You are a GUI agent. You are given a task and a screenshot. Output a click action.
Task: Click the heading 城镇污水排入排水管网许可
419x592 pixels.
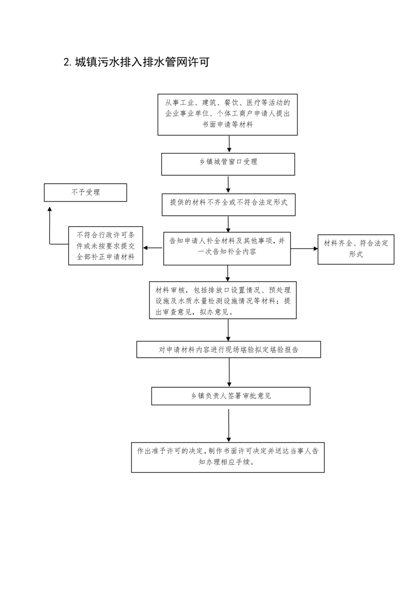142,62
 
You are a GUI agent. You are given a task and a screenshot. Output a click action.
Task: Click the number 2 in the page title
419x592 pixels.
67,62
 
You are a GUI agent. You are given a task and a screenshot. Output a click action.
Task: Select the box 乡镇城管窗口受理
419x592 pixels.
228,164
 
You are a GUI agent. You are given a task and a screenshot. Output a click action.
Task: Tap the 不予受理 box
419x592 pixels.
86,193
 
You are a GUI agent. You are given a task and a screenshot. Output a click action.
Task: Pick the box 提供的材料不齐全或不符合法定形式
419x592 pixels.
228,205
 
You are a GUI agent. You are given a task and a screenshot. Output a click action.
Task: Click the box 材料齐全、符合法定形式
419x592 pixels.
356,249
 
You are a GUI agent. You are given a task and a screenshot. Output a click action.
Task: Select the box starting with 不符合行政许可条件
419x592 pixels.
106,246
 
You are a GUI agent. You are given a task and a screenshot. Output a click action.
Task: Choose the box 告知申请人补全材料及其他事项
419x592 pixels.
227,249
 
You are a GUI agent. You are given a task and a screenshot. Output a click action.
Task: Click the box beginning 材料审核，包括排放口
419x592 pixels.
223,300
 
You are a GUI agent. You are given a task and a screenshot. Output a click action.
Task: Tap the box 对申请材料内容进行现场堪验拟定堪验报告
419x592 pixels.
228,350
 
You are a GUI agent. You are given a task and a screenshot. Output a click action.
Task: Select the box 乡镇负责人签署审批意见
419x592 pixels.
231,396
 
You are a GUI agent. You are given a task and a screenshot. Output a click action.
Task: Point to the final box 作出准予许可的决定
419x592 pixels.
228,457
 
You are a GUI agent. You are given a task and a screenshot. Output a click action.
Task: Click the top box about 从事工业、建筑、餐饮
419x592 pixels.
228,114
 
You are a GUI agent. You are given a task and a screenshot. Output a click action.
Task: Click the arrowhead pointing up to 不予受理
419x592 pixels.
50,209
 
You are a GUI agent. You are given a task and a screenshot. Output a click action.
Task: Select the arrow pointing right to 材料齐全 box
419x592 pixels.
304,249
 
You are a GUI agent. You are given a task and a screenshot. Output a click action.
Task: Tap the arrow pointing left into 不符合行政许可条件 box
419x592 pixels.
153,248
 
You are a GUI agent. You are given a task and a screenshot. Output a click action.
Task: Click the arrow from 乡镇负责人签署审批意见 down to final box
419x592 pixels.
229,425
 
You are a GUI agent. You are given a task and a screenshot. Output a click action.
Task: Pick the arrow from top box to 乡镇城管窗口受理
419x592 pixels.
229,144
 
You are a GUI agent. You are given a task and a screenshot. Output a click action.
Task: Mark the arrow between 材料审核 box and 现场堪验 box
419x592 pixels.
228,330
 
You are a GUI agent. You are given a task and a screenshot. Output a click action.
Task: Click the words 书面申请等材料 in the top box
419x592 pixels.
228,125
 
